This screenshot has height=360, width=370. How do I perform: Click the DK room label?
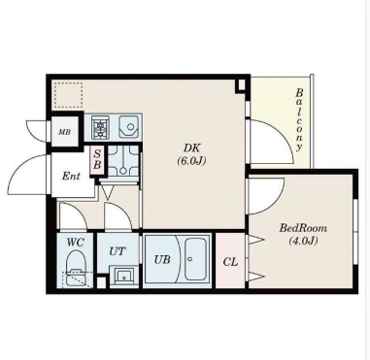(x=191, y=148)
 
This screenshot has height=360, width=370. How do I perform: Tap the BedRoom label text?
(x=303, y=228)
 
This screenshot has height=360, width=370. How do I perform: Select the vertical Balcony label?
(x=299, y=120)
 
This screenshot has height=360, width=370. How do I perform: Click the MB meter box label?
(x=65, y=132)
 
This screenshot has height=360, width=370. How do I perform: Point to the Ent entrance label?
(x=71, y=177)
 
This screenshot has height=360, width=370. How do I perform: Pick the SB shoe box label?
(x=97, y=159)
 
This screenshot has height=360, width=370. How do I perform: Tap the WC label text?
(x=76, y=242)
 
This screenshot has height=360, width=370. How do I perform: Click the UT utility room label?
(x=118, y=251)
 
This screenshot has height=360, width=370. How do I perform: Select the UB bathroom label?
(x=162, y=259)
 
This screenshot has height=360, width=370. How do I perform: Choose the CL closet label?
(x=230, y=261)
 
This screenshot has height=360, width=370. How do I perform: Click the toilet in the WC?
(x=76, y=269)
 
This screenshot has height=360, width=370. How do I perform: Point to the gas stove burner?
(x=99, y=127)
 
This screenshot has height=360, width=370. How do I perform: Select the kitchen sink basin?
(x=129, y=127)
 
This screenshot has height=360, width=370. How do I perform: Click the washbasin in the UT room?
(x=122, y=277)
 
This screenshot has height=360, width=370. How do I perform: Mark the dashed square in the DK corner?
(x=68, y=95)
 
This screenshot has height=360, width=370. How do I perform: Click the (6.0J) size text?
(x=191, y=161)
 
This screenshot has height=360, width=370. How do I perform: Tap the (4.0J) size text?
(x=303, y=241)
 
